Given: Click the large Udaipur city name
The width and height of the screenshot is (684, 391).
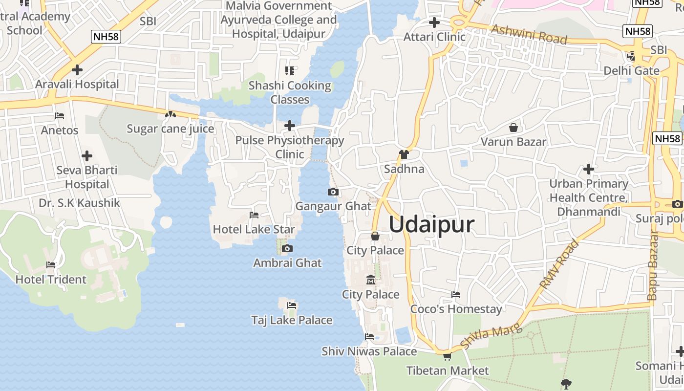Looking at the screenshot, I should coord(431,225).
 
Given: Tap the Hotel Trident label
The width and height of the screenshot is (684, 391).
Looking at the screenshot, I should coord(51,280).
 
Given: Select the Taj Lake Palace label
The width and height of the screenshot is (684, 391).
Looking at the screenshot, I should coord(292,320).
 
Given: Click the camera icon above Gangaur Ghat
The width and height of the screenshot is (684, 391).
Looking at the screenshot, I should coord(333,192).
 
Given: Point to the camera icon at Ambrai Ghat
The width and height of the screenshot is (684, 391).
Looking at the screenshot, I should coord(287,249).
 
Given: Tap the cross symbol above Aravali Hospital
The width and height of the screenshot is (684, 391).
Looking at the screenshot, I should coord(77,70).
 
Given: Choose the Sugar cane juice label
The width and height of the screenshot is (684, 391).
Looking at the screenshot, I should coord(171,129).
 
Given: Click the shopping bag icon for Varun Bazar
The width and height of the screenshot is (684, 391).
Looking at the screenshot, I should coord(513,128).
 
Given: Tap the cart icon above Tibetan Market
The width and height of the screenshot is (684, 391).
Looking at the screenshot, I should coord(447,356).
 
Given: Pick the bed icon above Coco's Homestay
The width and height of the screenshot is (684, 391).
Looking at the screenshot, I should coord(456,295).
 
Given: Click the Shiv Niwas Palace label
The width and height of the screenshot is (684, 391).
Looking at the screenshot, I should coord(369,351).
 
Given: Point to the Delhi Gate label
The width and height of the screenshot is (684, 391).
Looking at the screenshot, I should coord(631,71).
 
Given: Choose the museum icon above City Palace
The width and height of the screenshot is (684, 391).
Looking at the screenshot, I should coord(370,281).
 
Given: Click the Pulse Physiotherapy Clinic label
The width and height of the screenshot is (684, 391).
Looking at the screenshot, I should coord(290,147).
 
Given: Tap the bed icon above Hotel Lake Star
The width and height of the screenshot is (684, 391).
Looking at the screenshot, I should coord(254,215).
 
